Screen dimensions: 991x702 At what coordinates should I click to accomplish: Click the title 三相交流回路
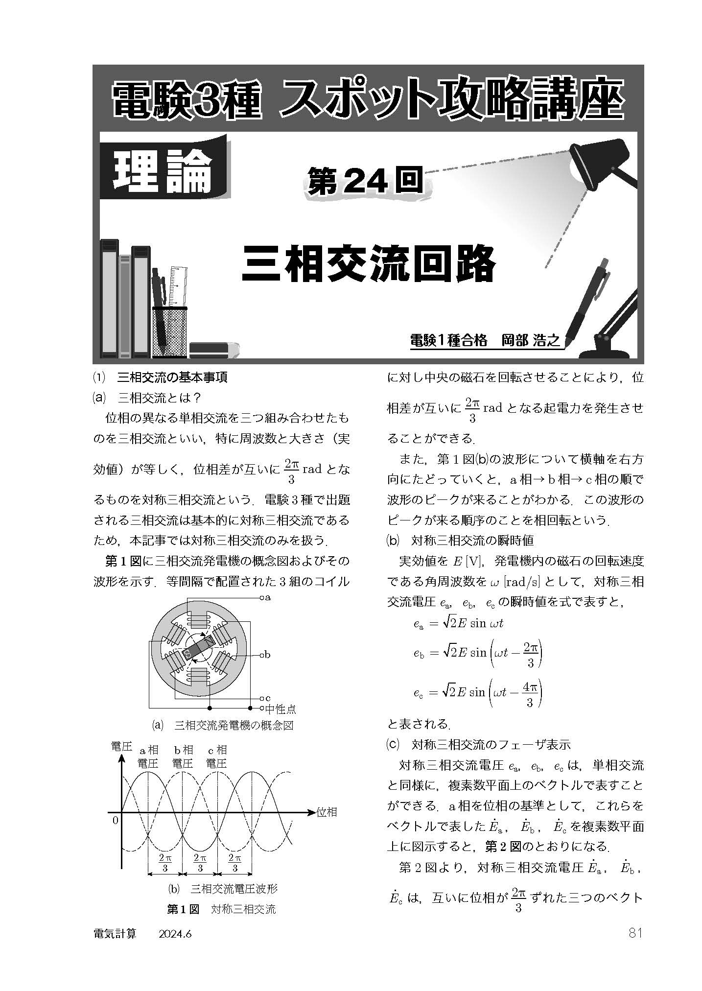(x=368, y=263)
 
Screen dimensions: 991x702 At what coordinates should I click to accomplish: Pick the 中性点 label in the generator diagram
(x=281, y=708)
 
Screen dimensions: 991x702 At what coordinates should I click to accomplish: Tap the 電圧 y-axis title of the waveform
(x=121, y=746)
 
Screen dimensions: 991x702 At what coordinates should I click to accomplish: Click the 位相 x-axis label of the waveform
(x=327, y=811)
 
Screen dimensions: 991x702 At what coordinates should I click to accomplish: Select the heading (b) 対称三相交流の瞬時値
(x=460, y=541)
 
